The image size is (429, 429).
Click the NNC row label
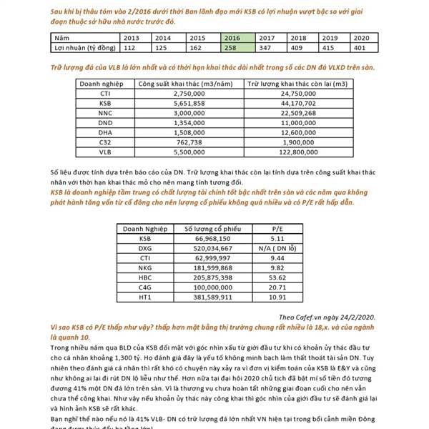(x=105, y=112)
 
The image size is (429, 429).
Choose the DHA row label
(x=105, y=132)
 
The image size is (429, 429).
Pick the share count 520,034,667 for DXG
(x=207, y=247)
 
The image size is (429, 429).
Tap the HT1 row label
(x=146, y=296)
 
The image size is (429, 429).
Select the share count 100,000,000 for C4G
(x=207, y=286)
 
